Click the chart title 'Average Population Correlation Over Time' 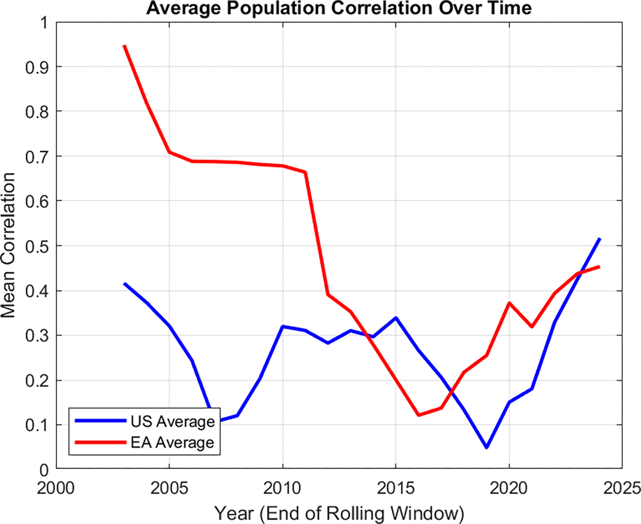tap(339, 8)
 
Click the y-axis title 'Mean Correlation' tap(8, 245)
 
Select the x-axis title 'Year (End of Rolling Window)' tap(339, 514)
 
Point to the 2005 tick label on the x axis tap(169, 488)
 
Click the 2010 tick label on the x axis tap(282, 488)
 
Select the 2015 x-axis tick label tap(396, 488)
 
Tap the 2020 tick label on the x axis tap(509, 488)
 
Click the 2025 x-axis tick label tap(622, 488)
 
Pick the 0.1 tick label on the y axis tap(37, 425)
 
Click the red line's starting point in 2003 tap(124, 46)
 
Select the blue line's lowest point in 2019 tap(487, 447)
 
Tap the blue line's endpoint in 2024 tap(599, 239)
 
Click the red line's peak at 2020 tap(509, 303)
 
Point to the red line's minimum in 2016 tap(419, 415)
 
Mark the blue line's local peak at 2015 tap(396, 318)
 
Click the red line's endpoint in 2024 tap(599, 267)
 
